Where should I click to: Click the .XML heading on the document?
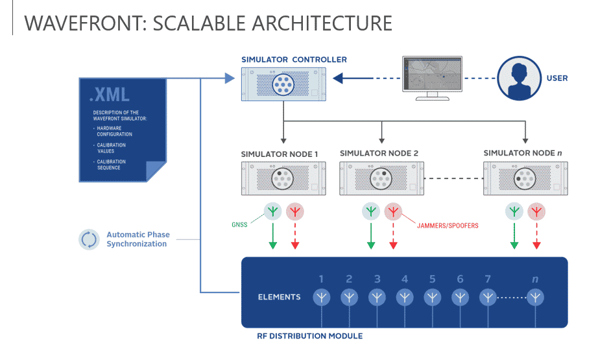click(110, 94)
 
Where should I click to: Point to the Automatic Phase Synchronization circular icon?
click(88, 239)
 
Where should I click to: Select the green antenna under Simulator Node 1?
click(272, 211)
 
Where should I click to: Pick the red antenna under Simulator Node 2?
click(392, 211)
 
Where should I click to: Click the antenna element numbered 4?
click(405, 297)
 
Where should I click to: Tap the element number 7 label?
click(488, 280)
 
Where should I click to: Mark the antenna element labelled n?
click(535, 297)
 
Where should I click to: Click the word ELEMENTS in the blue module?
click(279, 297)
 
